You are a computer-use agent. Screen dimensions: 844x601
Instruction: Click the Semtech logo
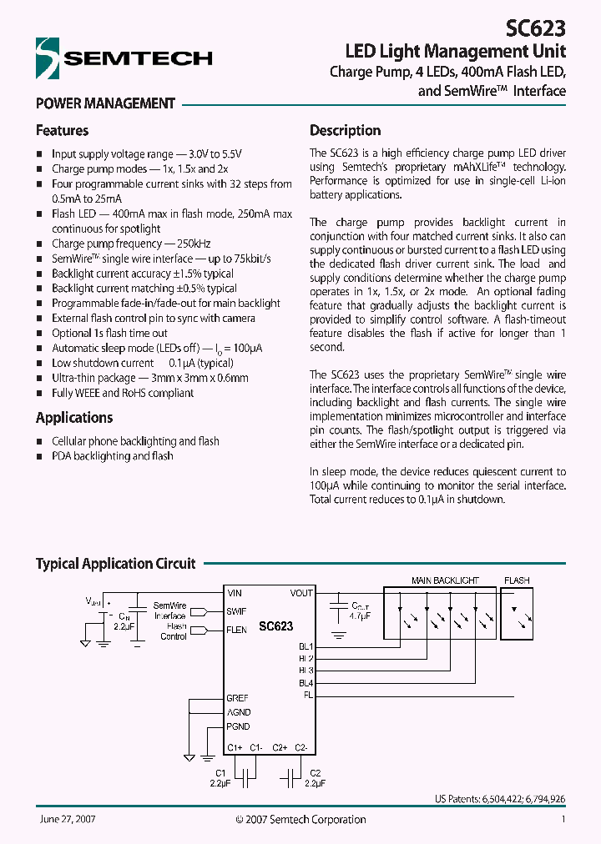124,58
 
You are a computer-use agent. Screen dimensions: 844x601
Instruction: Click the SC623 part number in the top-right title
536,28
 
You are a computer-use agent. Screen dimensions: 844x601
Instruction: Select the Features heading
62,131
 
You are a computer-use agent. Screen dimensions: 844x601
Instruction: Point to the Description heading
345,131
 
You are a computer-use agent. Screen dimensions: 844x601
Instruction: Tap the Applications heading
73,418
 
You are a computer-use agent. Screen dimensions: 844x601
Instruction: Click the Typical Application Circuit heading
115,564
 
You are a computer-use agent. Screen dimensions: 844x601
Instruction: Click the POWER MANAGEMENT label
105,104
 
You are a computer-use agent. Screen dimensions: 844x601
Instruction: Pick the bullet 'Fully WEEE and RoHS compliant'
123,393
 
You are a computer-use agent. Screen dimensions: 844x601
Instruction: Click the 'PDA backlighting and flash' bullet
112,456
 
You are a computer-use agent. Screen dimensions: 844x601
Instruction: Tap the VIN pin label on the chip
235,593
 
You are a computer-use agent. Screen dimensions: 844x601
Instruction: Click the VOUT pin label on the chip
301,593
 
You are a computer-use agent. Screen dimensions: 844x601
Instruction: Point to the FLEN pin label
236,630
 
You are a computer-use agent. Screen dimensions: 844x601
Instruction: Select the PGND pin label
238,727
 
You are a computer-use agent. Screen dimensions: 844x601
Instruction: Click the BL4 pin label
306,683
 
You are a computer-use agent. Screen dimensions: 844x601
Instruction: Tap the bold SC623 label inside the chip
275,625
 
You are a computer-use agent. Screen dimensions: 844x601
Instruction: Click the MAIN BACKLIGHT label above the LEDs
445,580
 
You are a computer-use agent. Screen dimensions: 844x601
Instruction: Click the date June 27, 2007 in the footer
67,820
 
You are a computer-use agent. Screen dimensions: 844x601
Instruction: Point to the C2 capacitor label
315,773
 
